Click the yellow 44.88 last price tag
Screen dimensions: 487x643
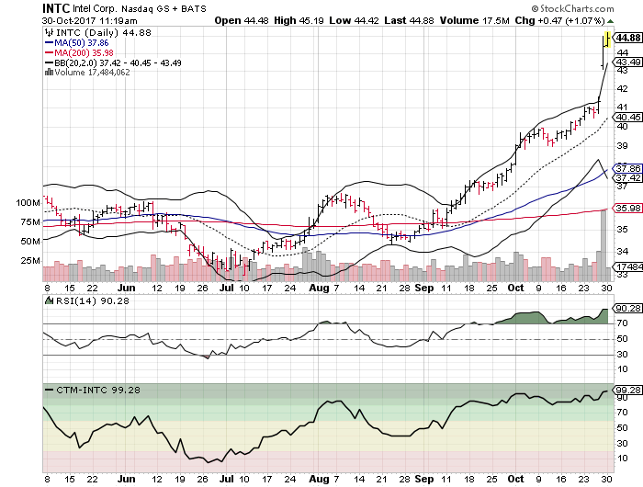click(626, 38)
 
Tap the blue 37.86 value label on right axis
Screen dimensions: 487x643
click(625, 168)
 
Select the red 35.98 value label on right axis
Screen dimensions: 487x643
click(625, 208)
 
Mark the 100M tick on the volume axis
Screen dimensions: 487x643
click(28, 202)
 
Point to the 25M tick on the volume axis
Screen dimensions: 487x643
click(30, 261)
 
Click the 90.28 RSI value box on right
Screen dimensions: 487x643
click(626, 309)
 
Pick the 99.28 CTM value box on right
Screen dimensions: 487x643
click(626, 391)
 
